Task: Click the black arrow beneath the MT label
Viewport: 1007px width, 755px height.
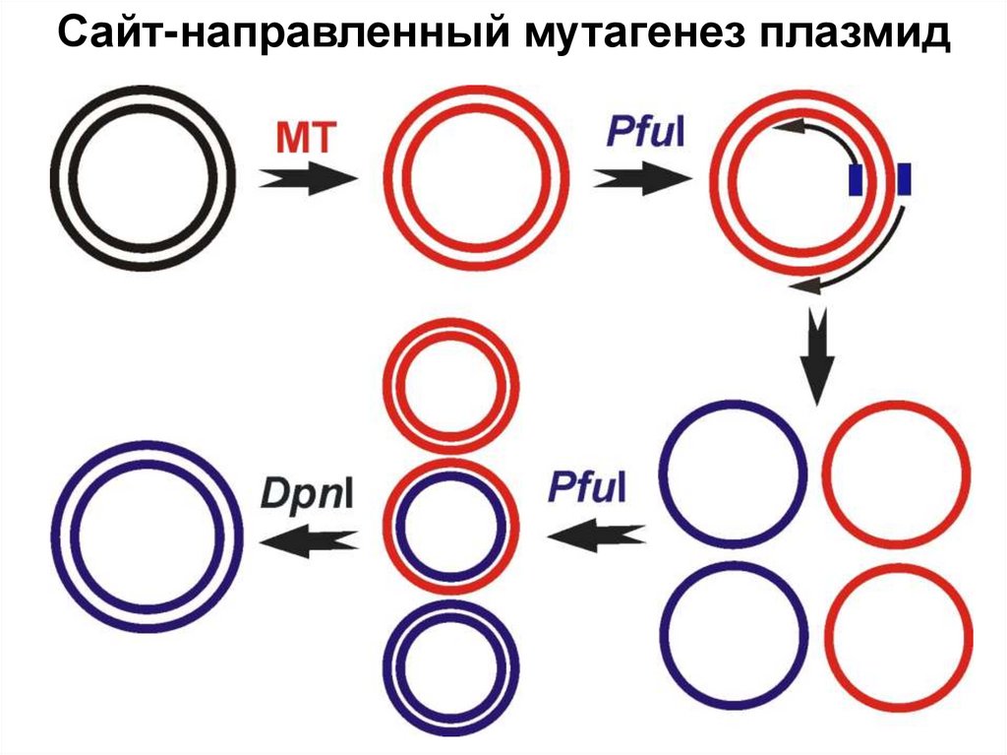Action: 307,179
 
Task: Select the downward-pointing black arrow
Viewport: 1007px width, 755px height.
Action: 816,355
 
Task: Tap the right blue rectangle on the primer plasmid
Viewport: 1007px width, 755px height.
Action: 905,179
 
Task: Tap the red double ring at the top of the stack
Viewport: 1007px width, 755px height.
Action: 452,386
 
